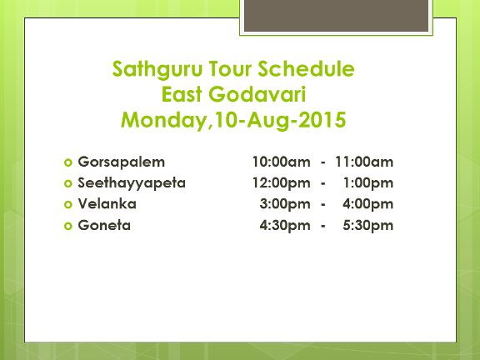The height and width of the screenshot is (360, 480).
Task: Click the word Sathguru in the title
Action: [x=157, y=70]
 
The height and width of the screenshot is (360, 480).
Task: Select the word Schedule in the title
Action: [x=306, y=68]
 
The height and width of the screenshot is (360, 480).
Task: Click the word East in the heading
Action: [x=182, y=94]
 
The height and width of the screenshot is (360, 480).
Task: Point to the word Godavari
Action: [x=257, y=94]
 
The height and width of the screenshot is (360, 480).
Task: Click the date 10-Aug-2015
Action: [x=280, y=120]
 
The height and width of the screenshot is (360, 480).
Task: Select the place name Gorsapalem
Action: [x=121, y=162]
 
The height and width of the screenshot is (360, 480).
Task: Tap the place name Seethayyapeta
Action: [x=132, y=183]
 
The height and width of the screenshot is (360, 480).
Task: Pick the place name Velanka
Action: [x=107, y=204]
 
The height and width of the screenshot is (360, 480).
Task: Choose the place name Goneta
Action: [x=104, y=225]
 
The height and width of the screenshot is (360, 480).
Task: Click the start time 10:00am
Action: [x=282, y=162]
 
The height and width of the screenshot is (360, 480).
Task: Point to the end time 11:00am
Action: [x=364, y=162]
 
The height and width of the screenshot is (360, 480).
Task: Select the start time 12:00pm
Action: [x=282, y=183]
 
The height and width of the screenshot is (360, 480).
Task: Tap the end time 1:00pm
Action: [x=368, y=183]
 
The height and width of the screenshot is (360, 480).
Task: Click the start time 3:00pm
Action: [x=285, y=204]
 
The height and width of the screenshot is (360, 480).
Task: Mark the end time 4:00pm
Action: [x=368, y=204]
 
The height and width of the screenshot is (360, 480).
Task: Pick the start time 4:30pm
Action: [x=285, y=226]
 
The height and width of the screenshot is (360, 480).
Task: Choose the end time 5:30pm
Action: [x=368, y=226]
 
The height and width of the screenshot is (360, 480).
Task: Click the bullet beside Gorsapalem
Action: [x=68, y=162]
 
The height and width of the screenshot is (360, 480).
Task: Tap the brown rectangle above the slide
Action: [x=336, y=15]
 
